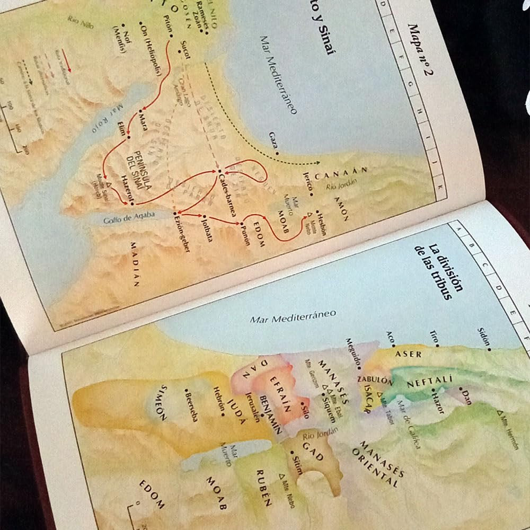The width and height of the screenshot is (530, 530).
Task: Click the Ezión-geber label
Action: pyautogui.click(x=179, y=233)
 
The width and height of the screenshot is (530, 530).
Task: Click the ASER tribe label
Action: pyautogui.click(x=409, y=354)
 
